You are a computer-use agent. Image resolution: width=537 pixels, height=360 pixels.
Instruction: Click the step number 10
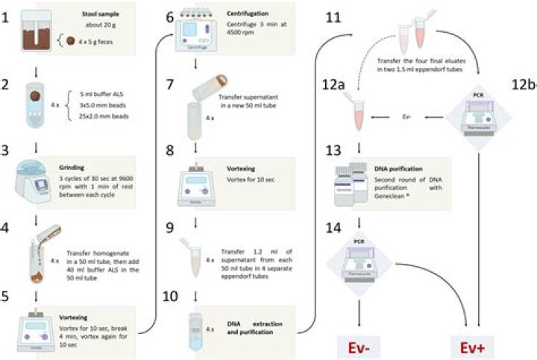click(171, 297)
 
